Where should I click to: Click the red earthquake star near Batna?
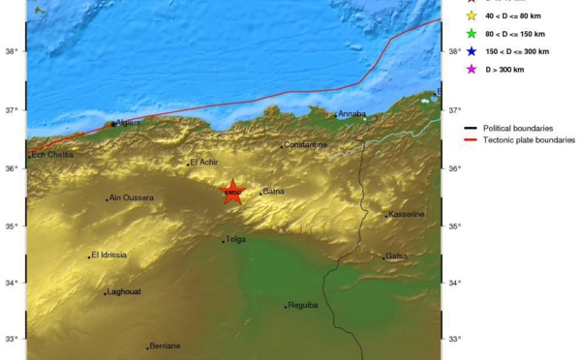pyautogui.click(x=231, y=192)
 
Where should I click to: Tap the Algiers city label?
pyautogui.click(x=128, y=123)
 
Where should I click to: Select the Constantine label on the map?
pyautogui.click(x=305, y=145)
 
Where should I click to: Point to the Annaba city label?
pyautogui.click(x=352, y=114)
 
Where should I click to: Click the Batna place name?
pyautogui.click(x=273, y=192)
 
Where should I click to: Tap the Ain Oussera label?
pyautogui.click(x=132, y=197)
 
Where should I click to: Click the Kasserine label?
pyautogui.click(x=406, y=214)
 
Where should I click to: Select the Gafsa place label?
pyautogui.click(x=396, y=256)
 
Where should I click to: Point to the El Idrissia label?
pyautogui.click(x=108, y=255)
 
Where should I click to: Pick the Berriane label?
pyautogui.click(x=165, y=346)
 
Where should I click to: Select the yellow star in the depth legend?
pyautogui.click(x=472, y=15)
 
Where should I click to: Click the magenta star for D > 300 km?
pyautogui.click(x=472, y=69)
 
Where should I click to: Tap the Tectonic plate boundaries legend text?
pyautogui.click(x=529, y=140)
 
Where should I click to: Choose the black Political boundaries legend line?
pyautogui.click(x=472, y=128)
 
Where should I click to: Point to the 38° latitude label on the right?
pyautogui.click(x=455, y=51)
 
